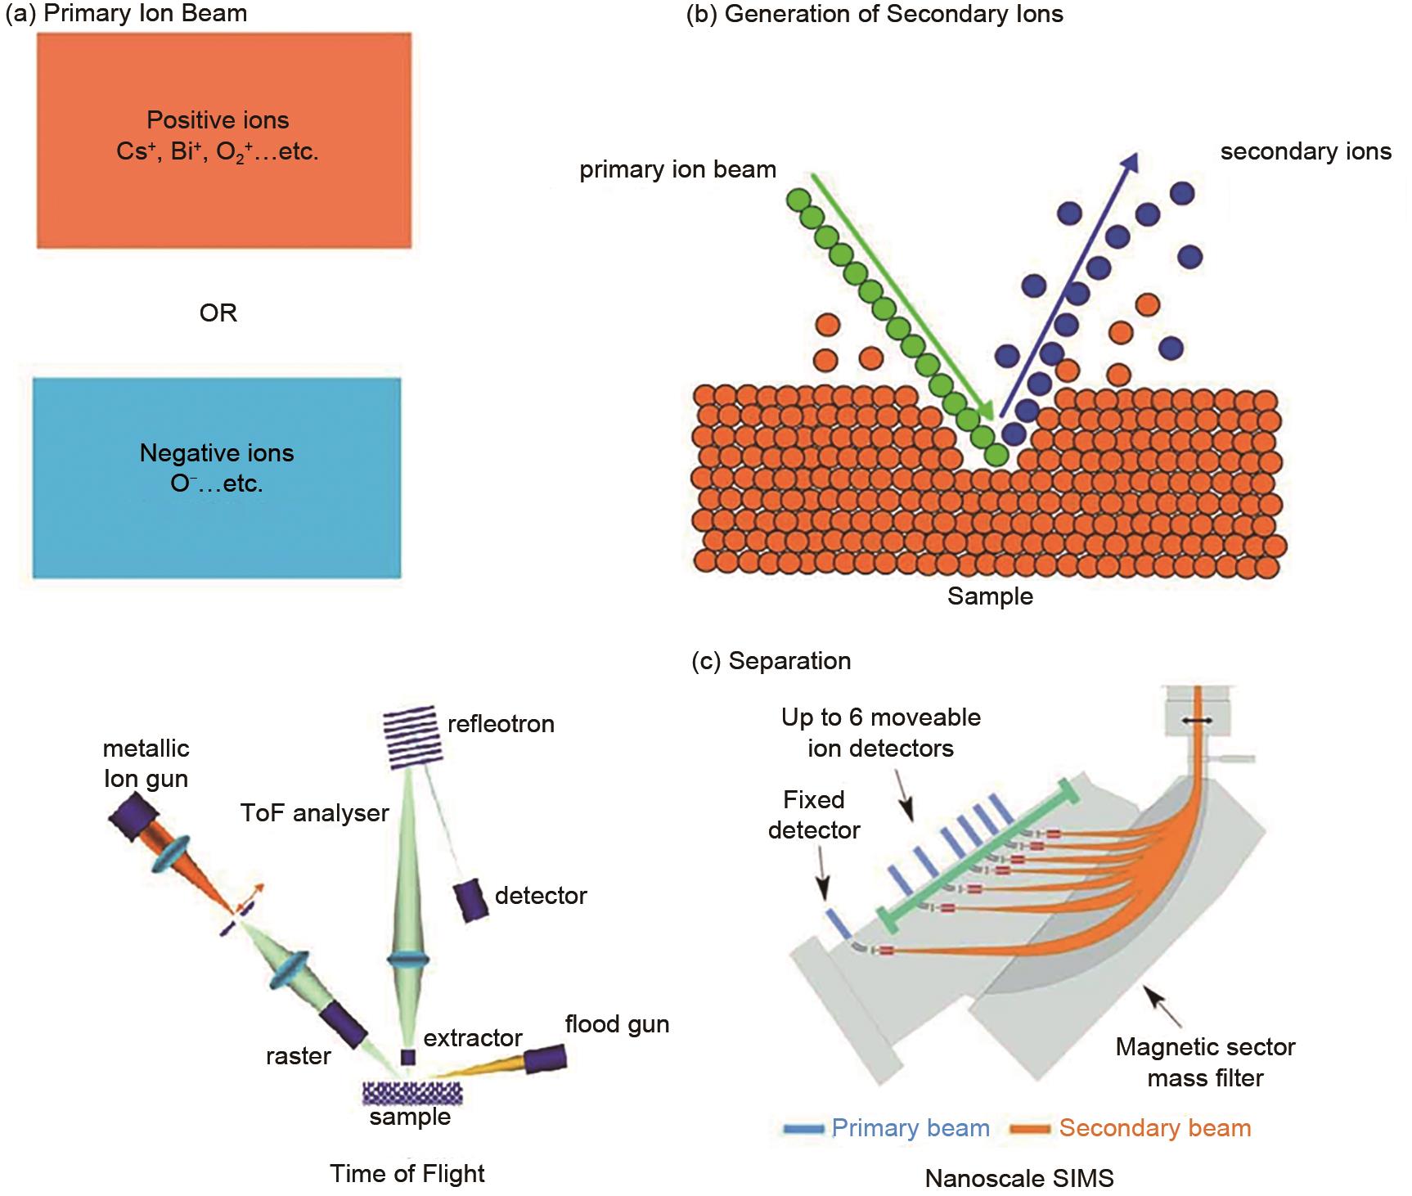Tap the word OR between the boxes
[x=218, y=313]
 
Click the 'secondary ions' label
[x=1305, y=152]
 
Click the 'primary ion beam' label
[x=677, y=170]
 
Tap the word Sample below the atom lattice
[x=990, y=596]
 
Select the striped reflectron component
[x=414, y=737]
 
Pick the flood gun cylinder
[x=545, y=1058]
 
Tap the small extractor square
[x=407, y=1056]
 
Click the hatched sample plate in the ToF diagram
[x=412, y=1091]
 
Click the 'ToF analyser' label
[x=315, y=813]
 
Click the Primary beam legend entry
[x=887, y=1128]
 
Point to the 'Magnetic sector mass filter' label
[x=1205, y=1062]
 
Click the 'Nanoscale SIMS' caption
[x=1019, y=1178]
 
